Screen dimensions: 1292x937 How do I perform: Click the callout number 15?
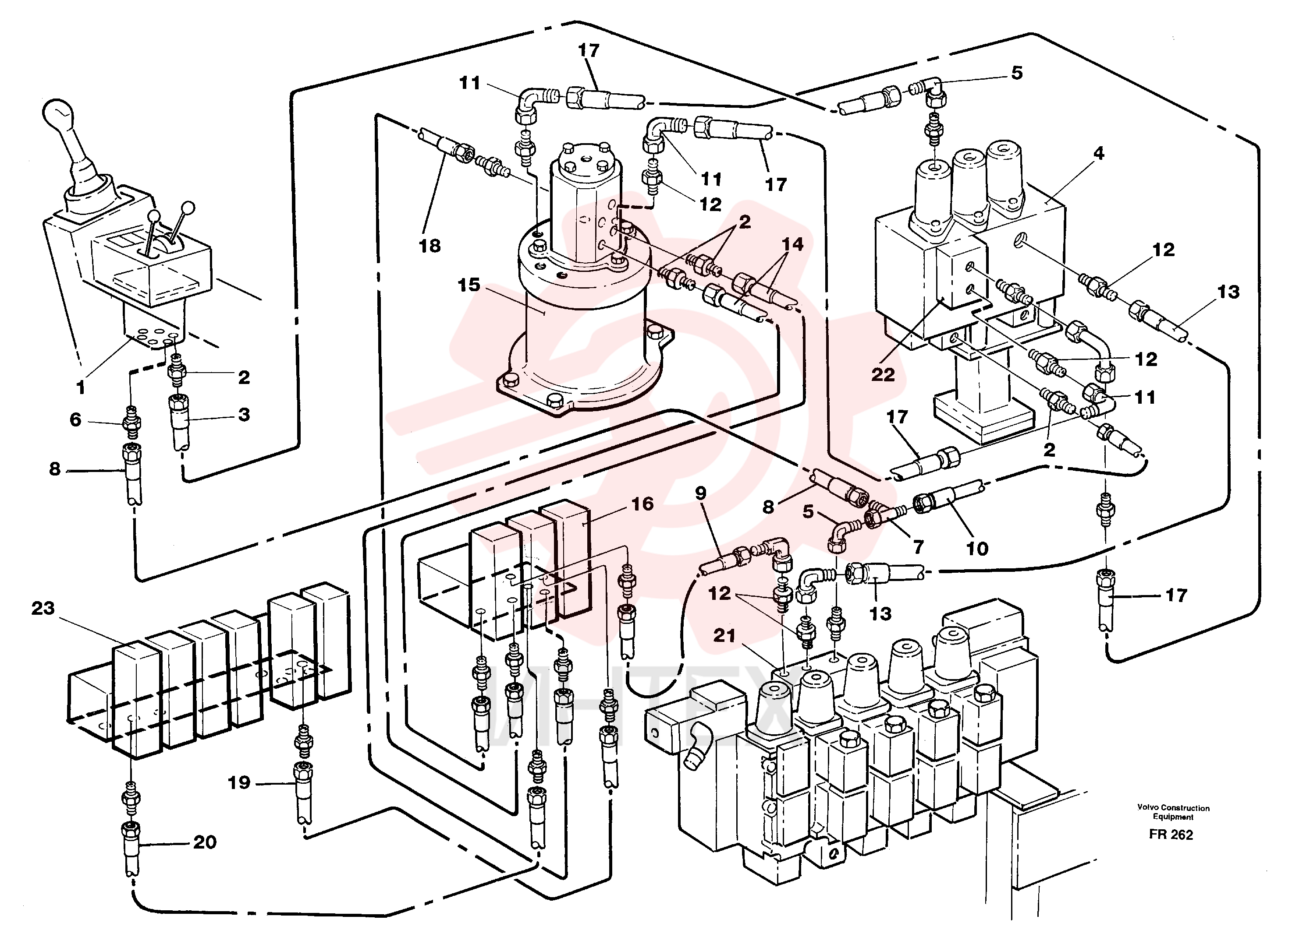[x=469, y=285]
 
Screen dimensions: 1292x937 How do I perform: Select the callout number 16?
[x=642, y=504]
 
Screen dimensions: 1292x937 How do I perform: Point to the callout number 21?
[x=724, y=635]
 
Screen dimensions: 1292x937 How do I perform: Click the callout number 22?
[x=883, y=374]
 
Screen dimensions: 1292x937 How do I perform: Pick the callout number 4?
[x=1099, y=153]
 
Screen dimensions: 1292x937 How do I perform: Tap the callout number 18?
[x=429, y=246]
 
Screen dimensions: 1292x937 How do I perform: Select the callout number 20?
[x=205, y=842]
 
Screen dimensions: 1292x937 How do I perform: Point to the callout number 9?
[x=700, y=493]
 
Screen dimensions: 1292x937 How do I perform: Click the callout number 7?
[x=918, y=546]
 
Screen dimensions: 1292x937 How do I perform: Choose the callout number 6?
[x=75, y=419]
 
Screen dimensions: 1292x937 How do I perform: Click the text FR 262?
[x=1171, y=835]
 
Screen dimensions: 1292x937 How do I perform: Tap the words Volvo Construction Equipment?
[x=1174, y=812]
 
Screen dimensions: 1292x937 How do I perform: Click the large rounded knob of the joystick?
[x=58, y=114]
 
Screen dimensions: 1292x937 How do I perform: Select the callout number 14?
[x=792, y=244]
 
